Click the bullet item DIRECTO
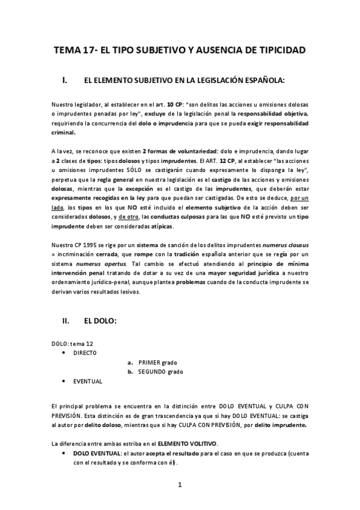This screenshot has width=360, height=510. coord(84,353)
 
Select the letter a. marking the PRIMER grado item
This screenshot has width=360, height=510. coord(130,363)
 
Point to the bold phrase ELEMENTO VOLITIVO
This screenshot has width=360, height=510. coord(188,443)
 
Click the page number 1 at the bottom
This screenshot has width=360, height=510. coord(179,484)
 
